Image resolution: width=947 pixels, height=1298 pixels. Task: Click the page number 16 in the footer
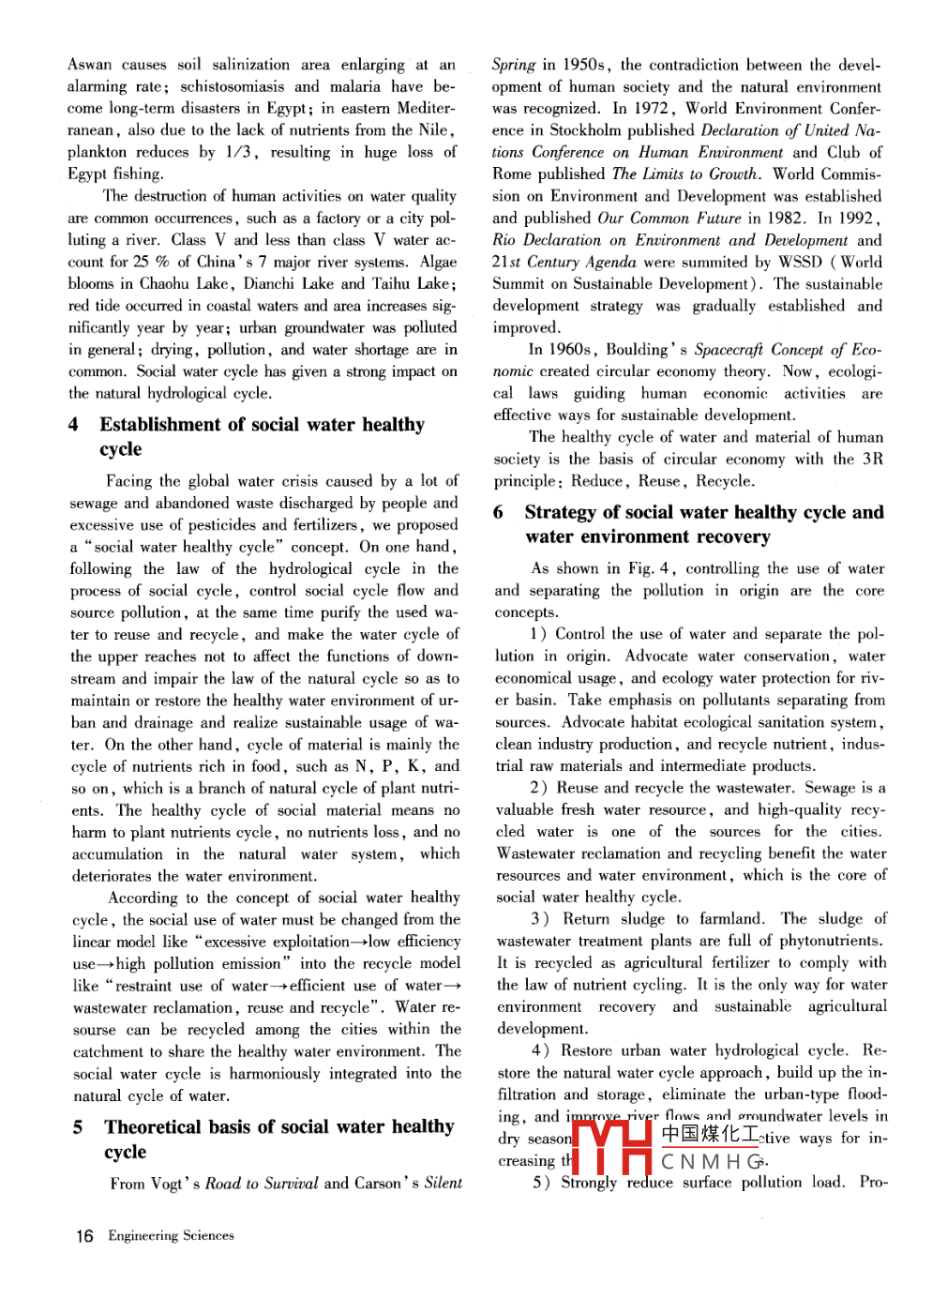[84, 1235]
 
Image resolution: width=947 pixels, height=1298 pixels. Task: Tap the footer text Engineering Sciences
[171, 1235]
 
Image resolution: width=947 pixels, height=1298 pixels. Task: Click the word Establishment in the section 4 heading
[160, 425]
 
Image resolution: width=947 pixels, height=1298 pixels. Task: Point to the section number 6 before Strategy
[498, 512]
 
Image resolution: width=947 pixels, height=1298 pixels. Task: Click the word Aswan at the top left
[89, 65]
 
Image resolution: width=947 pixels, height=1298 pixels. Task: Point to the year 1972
[652, 108]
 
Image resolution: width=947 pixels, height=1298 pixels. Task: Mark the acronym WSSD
[799, 262]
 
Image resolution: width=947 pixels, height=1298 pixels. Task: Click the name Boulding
[638, 350]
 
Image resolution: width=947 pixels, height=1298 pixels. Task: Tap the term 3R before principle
[872, 459]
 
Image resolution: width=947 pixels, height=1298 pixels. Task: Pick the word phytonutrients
[828, 941]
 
